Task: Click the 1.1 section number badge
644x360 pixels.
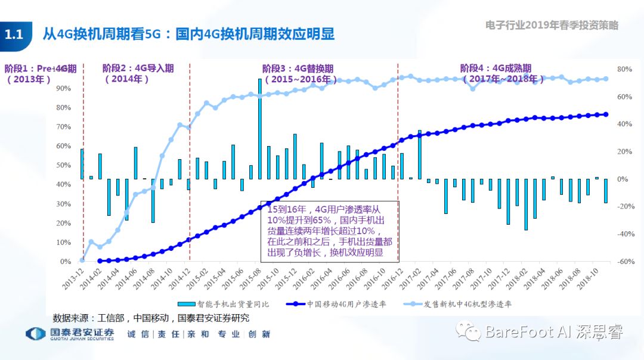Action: tap(14, 35)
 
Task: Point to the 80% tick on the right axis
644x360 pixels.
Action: tap(624, 69)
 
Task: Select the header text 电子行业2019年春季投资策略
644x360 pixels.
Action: tap(552, 25)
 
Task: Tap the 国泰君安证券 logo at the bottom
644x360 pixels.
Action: tap(70, 334)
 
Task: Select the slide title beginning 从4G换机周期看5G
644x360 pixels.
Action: tap(188, 34)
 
